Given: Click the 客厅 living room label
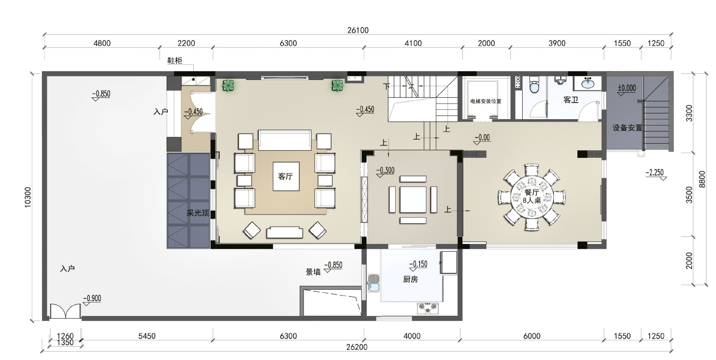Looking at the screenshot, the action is pyautogui.click(x=285, y=176).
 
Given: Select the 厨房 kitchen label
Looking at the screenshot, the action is pyautogui.click(x=410, y=280).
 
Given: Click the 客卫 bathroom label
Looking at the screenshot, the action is pyautogui.click(x=571, y=100).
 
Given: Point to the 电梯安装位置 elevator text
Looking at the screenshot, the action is pyautogui.click(x=485, y=101).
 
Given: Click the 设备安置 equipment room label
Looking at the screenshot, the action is pyautogui.click(x=627, y=128).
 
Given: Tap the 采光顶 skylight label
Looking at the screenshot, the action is pyautogui.click(x=198, y=213).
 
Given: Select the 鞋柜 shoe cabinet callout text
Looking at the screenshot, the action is pyautogui.click(x=175, y=60).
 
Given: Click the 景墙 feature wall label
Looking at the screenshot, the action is pyautogui.click(x=313, y=272).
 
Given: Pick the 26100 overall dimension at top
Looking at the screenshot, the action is pyautogui.click(x=358, y=30).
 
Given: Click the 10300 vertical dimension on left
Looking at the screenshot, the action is pyautogui.click(x=28, y=197).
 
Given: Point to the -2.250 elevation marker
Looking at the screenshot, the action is pyautogui.click(x=655, y=172).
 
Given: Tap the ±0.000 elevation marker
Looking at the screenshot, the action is pyautogui.click(x=627, y=88).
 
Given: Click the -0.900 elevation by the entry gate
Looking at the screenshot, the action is pyautogui.click(x=92, y=298).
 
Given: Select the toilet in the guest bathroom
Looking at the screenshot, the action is pyautogui.click(x=534, y=84).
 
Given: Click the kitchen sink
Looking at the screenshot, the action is pyautogui.click(x=373, y=283).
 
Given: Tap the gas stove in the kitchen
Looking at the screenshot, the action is pyautogui.click(x=428, y=308).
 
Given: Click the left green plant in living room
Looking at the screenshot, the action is pyautogui.click(x=228, y=85).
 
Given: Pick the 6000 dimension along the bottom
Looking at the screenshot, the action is pyautogui.click(x=532, y=336).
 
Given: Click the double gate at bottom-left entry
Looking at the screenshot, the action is pyautogui.click(x=65, y=311).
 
